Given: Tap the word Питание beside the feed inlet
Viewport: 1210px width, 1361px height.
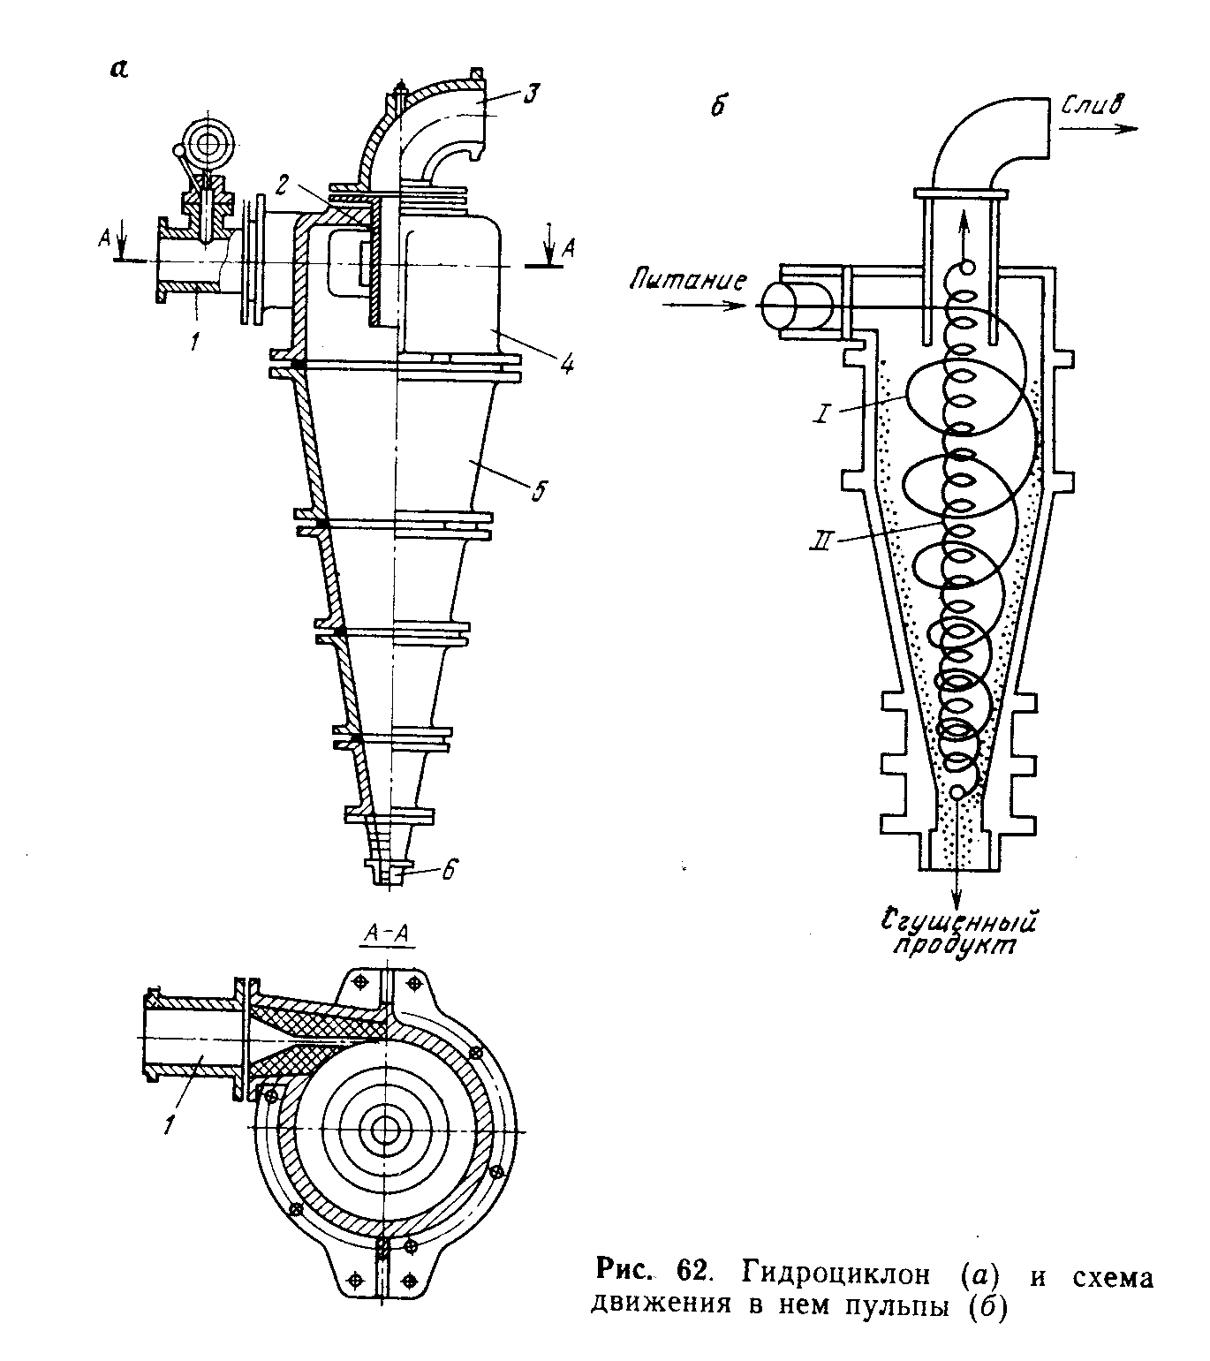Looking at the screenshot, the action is point(687,279).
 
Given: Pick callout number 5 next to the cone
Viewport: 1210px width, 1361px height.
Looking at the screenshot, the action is point(539,491).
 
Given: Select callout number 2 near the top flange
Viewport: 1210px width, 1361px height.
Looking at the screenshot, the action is point(284,184).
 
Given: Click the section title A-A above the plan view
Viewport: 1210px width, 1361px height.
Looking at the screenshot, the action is point(389,933).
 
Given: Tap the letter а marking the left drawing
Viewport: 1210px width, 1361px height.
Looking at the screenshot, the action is point(118,69).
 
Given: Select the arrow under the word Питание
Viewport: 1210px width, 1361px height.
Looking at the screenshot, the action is point(704,306).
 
